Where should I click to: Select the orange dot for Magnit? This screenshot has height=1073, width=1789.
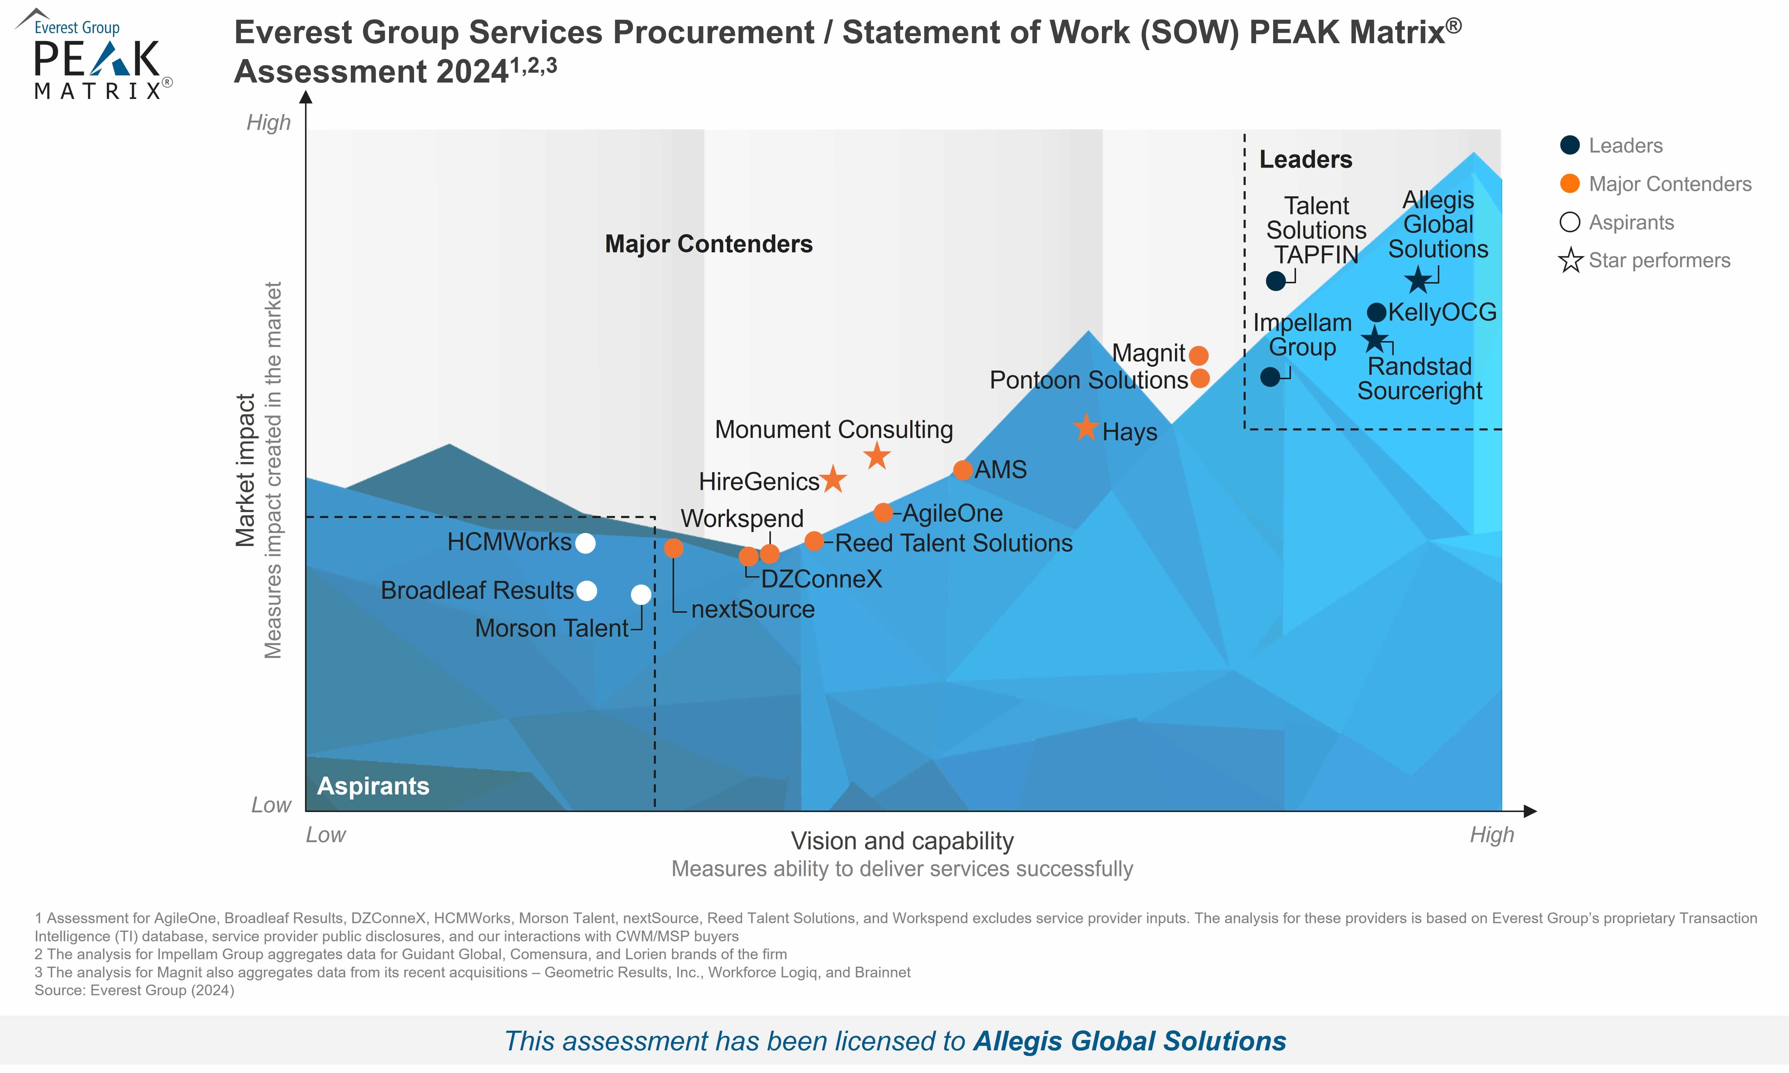pyautogui.click(x=1198, y=355)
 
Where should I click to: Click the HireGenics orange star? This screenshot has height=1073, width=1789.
pyautogui.click(x=833, y=479)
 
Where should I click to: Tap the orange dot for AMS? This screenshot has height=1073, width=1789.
pyautogui.click(x=962, y=470)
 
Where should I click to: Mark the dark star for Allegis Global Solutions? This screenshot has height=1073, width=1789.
pyautogui.click(x=1418, y=280)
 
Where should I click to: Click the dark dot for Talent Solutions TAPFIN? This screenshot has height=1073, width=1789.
pyautogui.click(x=1276, y=281)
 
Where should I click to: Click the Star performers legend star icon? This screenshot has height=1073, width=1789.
pyautogui.click(x=1570, y=260)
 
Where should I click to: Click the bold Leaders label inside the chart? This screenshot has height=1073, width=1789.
pyautogui.click(x=1306, y=159)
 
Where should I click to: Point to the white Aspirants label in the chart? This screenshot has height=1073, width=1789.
pyautogui.click(x=373, y=786)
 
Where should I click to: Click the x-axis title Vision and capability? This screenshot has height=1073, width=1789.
pyautogui.click(x=902, y=841)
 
